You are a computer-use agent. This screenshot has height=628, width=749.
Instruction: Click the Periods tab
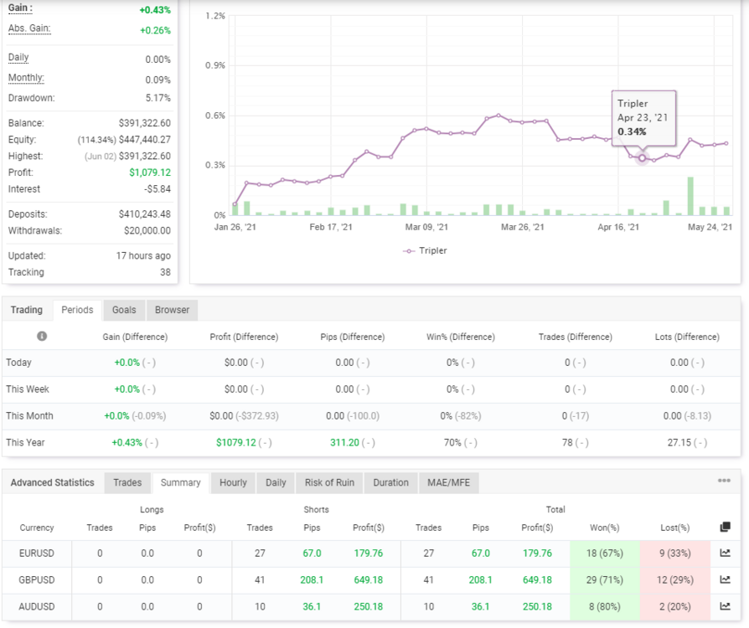click(x=77, y=310)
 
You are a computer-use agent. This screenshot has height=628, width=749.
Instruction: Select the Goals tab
click(x=124, y=310)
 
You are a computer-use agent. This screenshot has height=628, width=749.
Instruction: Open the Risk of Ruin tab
click(x=329, y=483)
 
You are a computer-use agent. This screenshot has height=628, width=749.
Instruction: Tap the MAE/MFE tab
click(x=448, y=483)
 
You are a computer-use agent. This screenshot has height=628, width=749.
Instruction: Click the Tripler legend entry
click(x=425, y=250)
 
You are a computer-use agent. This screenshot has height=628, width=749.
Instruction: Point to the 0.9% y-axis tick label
click(x=215, y=65)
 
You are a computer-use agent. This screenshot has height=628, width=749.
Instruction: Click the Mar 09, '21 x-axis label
click(x=426, y=227)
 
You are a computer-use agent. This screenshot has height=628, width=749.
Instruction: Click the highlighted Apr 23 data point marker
click(x=642, y=157)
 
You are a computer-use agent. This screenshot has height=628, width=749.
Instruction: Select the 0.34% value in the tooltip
click(x=632, y=131)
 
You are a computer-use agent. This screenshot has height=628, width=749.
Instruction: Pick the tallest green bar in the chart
click(x=690, y=196)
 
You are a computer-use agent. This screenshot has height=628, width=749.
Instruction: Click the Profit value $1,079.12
click(x=150, y=172)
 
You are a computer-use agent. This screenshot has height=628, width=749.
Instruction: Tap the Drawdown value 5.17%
click(x=158, y=98)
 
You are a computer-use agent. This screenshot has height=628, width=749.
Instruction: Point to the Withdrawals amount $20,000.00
click(x=147, y=230)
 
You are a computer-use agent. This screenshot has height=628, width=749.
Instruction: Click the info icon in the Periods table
click(x=42, y=337)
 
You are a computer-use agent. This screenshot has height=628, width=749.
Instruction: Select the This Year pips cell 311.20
click(x=344, y=443)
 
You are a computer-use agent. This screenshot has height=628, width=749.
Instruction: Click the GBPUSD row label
click(x=37, y=579)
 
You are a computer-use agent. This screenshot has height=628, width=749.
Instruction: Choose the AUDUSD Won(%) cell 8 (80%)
click(x=605, y=606)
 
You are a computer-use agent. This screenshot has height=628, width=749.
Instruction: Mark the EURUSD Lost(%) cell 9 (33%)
click(x=675, y=553)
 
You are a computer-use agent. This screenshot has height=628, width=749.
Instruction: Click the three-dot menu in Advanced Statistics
click(x=724, y=481)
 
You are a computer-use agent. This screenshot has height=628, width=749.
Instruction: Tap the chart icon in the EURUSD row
click(x=725, y=553)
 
